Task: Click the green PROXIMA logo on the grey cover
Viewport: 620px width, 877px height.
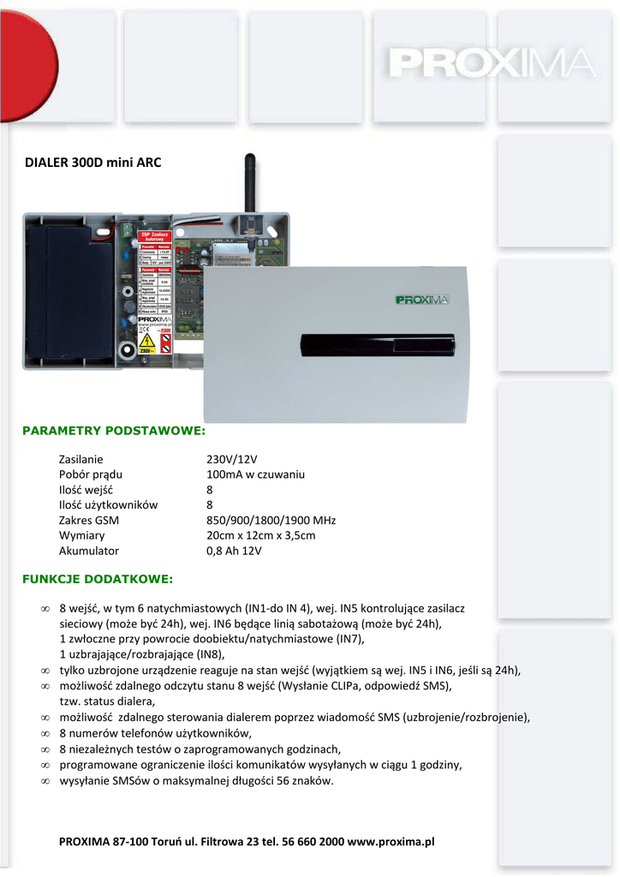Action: coord(422,300)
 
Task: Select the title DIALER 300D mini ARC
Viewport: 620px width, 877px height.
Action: coord(93,162)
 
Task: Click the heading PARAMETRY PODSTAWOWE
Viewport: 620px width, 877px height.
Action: coord(113,430)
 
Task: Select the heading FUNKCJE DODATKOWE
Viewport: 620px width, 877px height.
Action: coord(97,579)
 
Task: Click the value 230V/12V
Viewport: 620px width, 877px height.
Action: coord(232,459)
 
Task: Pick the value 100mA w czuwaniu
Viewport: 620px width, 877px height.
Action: coord(255,474)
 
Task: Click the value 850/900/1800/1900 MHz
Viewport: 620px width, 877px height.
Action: coord(271,521)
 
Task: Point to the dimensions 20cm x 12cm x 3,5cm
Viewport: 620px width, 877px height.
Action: coord(261,536)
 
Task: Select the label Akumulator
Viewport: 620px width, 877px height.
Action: coord(89,552)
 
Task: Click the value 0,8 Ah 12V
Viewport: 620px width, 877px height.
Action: coord(234,552)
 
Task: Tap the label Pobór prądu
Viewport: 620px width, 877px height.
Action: coord(91,474)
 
